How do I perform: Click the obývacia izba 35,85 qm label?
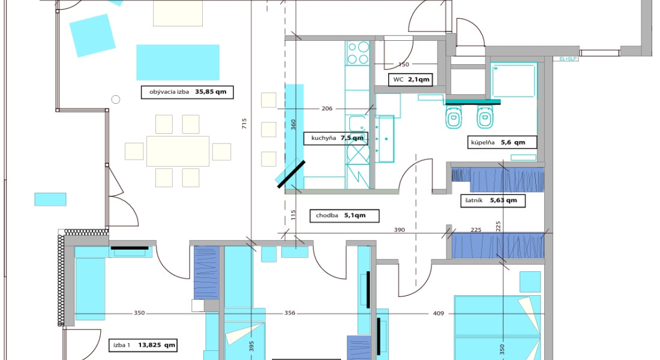pos(187,92)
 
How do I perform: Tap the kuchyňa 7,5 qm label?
pos(336,138)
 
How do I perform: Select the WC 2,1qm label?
pos(410,80)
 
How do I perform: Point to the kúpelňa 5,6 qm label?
pos(502,142)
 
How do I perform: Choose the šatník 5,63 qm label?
pos(493,200)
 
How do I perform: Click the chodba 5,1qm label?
pos(344,215)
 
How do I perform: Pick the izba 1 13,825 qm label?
pos(143,345)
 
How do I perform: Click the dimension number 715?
pos(245,124)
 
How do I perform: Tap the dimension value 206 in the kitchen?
pos(327,109)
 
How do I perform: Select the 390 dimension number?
pos(400,230)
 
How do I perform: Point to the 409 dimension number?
pos(439,313)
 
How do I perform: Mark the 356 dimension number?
pos(290,313)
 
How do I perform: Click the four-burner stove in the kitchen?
pos(358,53)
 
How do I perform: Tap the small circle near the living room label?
pos(116,100)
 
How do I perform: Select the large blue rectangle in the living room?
pos(178,62)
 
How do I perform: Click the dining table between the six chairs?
pos(178,151)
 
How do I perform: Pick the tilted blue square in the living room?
pos(92,35)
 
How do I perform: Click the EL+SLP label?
pos(568,59)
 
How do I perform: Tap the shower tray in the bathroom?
pos(514,80)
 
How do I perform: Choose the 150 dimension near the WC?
pos(404,64)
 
